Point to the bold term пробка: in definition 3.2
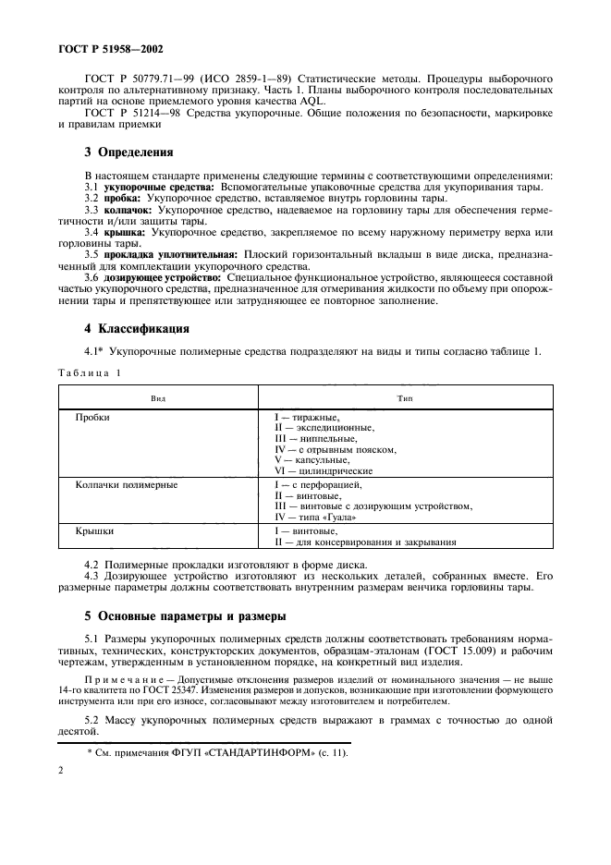(x=120, y=199)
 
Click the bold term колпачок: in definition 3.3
(x=126, y=211)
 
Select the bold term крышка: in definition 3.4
(x=122, y=232)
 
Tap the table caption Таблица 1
(x=91, y=372)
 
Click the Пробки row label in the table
(x=92, y=417)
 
